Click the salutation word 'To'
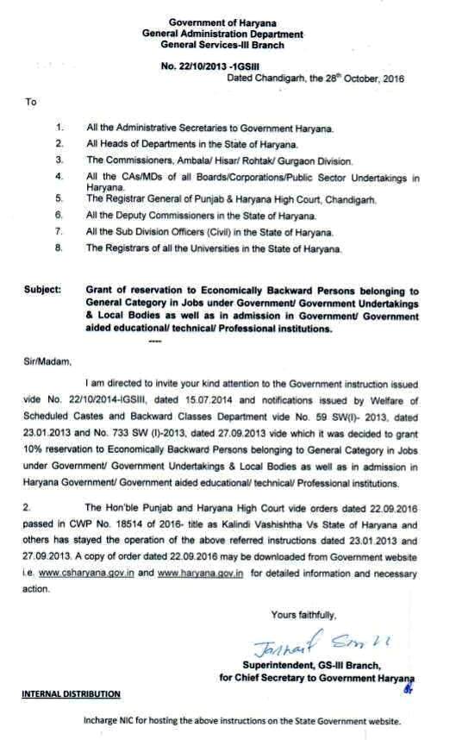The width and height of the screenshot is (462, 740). click(x=31, y=102)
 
